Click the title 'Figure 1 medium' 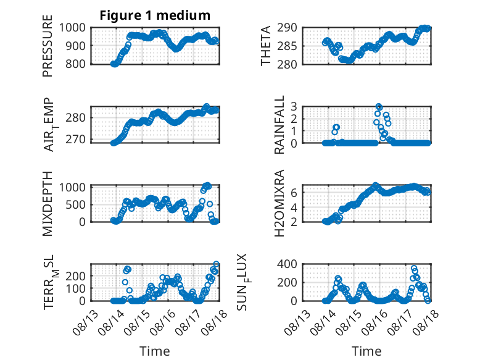click(155, 15)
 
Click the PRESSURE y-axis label click(48, 46)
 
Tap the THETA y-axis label click(266, 46)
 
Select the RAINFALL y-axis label click(279, 125)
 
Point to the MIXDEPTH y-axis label click(48, 204)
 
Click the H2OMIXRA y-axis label click(279, 203)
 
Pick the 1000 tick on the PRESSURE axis click(72, 28)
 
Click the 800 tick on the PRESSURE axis click(76, 64)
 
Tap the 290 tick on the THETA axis click(288, 28)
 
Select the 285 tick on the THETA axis click(288, 46)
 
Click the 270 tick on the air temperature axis click(76, 140)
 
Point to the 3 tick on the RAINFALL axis click(294, 107)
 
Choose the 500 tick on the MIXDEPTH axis click(76, 204)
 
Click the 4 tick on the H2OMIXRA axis click(294, 207)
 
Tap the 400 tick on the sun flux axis click(288, 264)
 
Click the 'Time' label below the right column click(366, 351)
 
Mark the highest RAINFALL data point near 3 click(379, 107)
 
